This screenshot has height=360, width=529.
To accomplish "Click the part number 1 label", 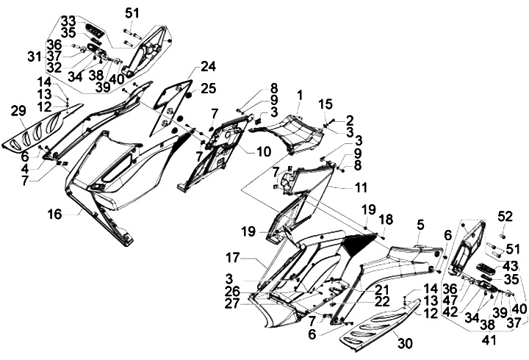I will point(300,95).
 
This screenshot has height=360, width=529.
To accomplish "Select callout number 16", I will point(54,214).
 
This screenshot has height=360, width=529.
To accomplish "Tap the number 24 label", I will point(209,66).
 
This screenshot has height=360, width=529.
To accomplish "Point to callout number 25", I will point(209,88).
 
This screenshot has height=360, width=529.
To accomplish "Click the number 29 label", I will point(18,111).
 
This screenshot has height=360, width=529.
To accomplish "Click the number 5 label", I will point(421,223).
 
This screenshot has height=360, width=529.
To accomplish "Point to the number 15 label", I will point(325,104).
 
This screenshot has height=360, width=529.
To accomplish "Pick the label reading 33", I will point(68,19).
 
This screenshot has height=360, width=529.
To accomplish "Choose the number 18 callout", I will point(385,220).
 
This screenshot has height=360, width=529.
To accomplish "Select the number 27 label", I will point(231,303).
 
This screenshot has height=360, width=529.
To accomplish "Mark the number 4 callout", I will point(24,167).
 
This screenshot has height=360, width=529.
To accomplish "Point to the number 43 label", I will point(510,265).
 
